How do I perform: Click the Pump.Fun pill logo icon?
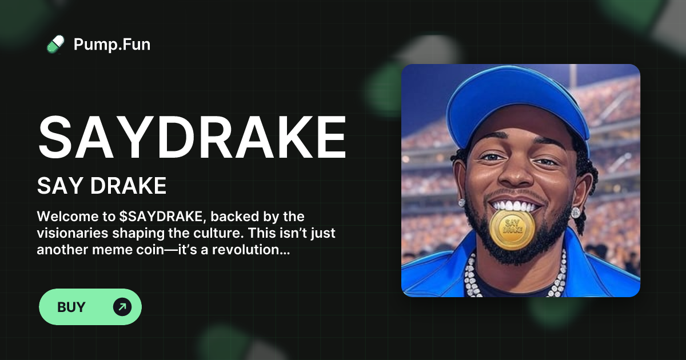point(55,44)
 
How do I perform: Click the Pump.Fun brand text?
point(112,44)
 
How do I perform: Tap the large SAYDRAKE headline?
point(192,138)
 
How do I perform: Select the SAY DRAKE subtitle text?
point(102,186)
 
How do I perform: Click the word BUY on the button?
point(71,307)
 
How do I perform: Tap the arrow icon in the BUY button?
point(122,307)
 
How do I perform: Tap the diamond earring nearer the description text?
point(462,202)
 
